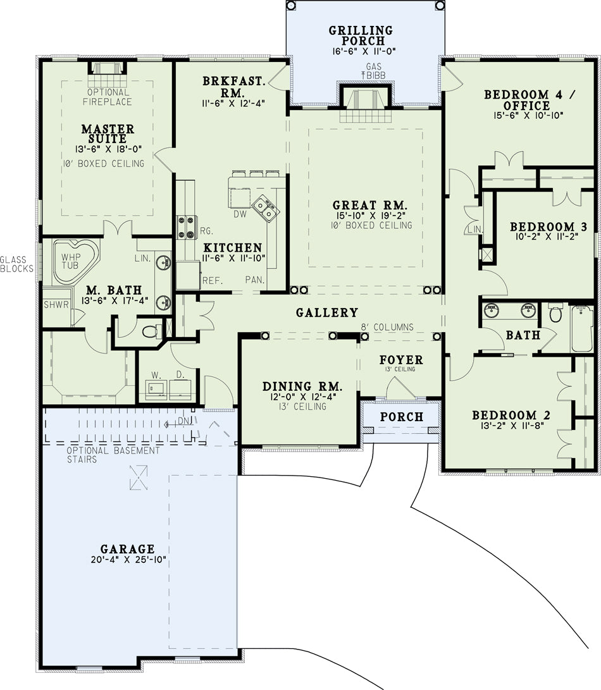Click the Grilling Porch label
click(x=361, y=35)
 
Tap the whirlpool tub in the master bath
click(x=74, y=262)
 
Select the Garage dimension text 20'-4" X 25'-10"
click(x=128, y=560)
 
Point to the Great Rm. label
click(x=370, y=205)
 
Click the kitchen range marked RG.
click(x=186, y=227)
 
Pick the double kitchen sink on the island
click(x=266, y=208)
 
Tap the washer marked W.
click(x=156, y=388)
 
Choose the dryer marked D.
click(x=180, y=388)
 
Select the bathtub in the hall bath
click(x=582, y=329)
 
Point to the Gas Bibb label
click(x=373, y=71)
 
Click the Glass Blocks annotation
click(x=16, y=264)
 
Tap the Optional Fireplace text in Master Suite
click(x=108, y=97)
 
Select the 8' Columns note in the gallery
click(x=387, y=327)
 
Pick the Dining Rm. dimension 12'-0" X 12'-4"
click(x=302, y=397)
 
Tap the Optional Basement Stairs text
click(x=113, y=455)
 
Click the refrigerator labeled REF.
click(x=188, y=275)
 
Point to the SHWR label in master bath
click(x=56, y=304)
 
